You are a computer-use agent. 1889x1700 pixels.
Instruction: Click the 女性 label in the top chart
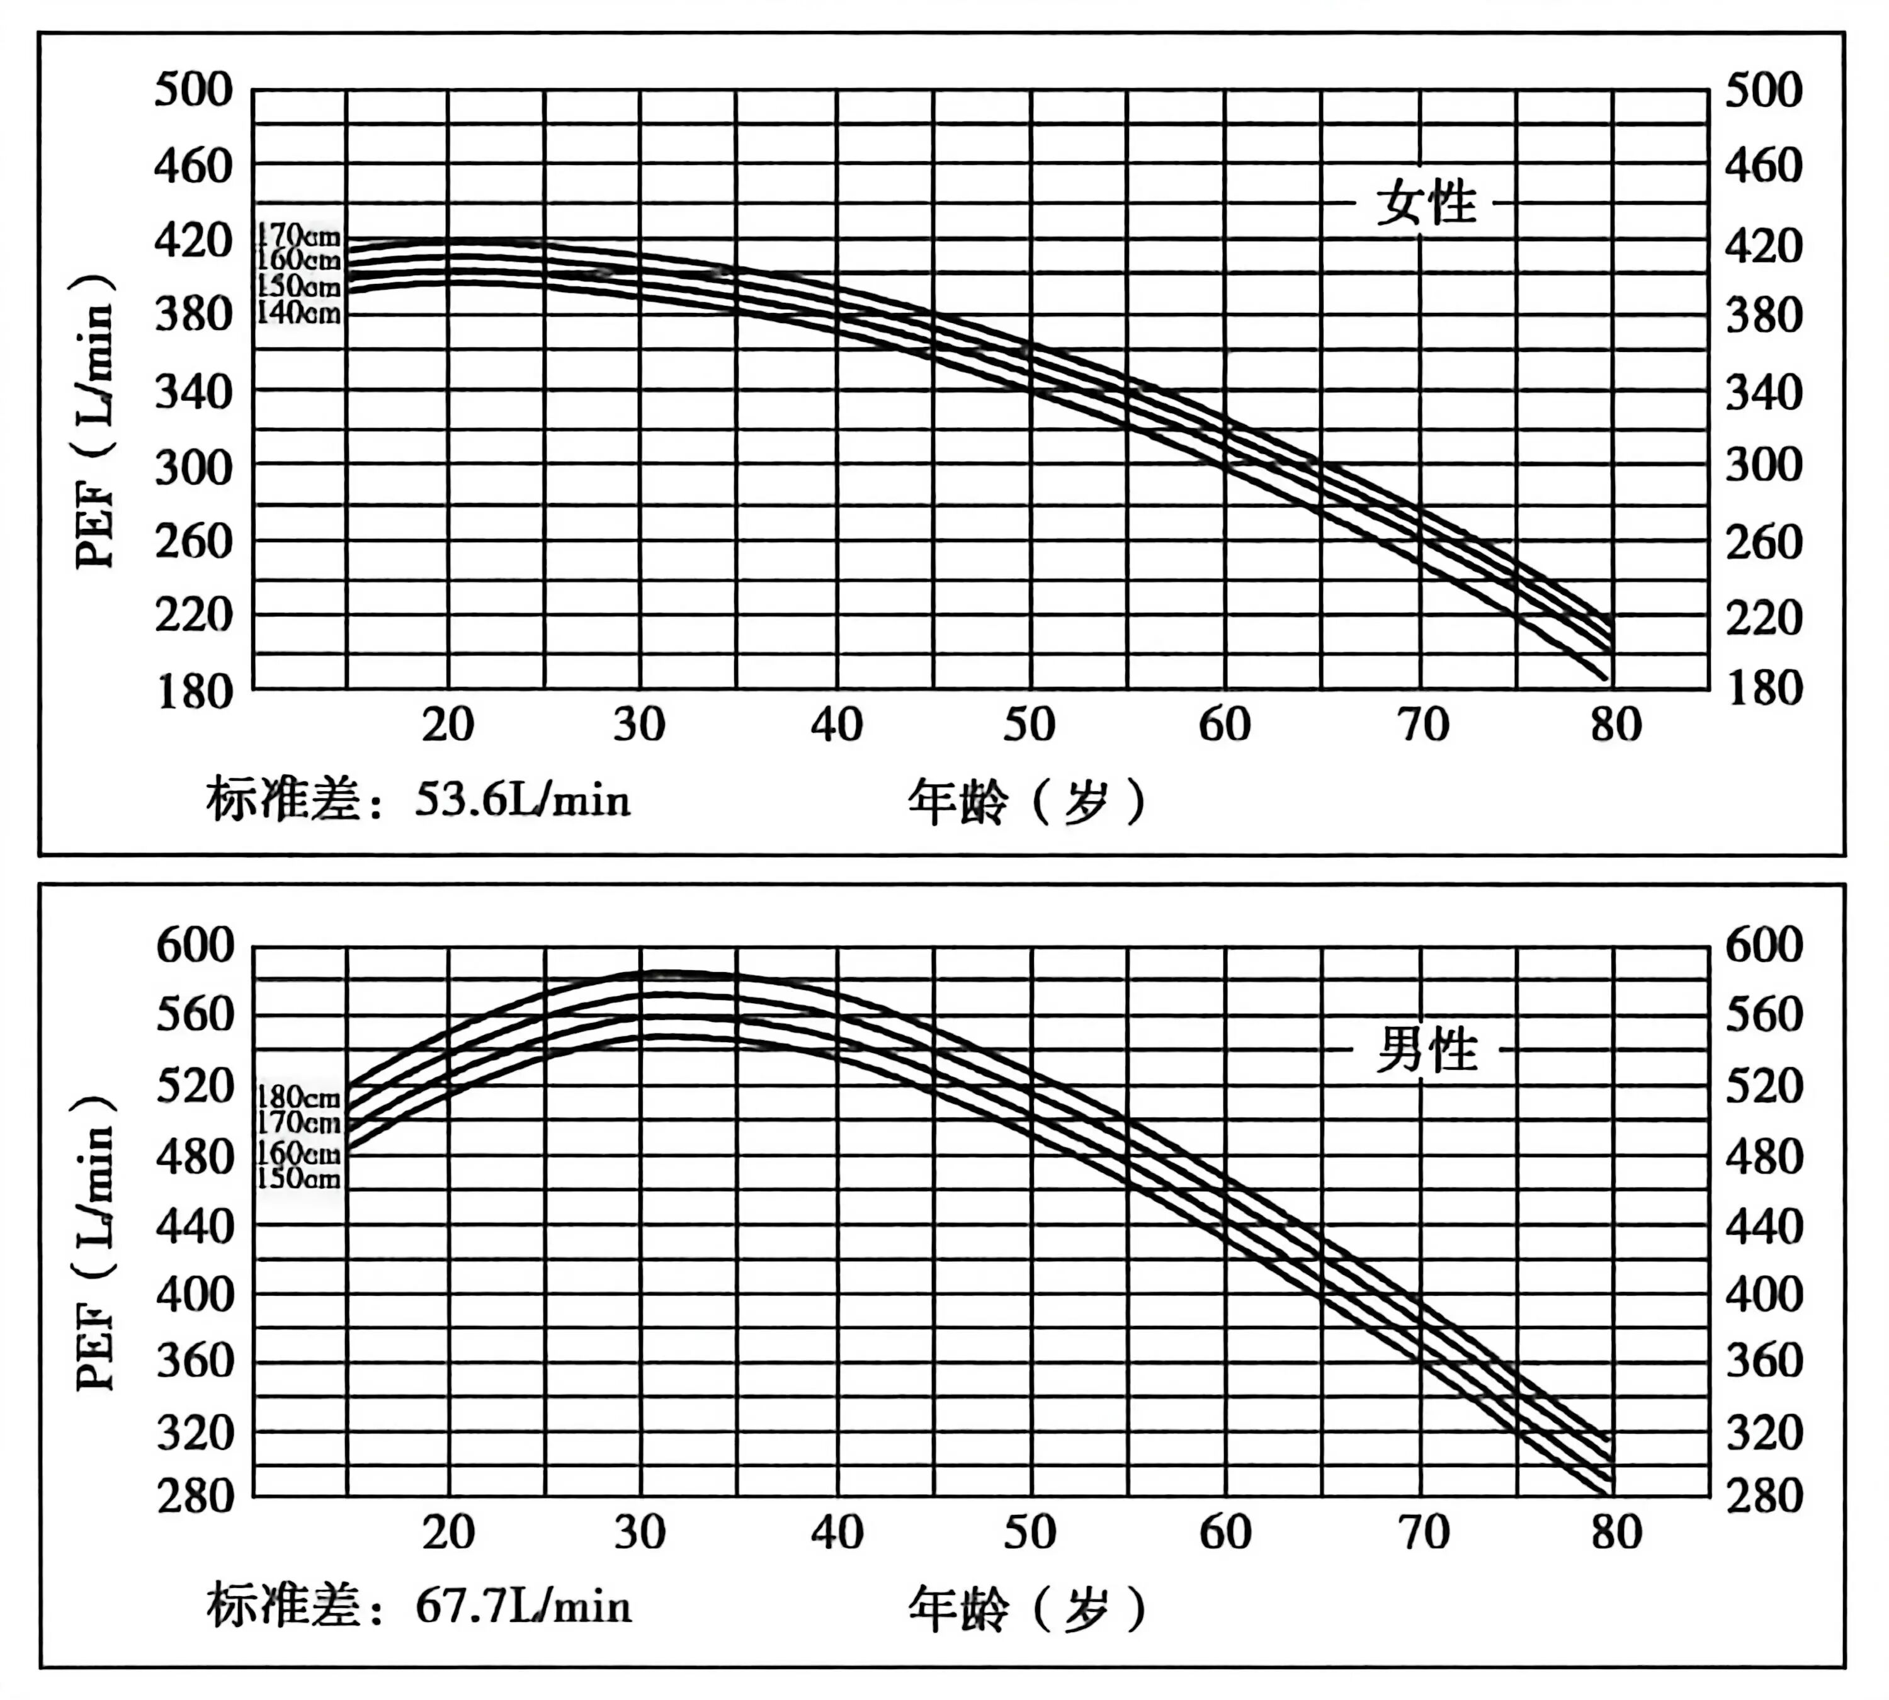(1427, 203)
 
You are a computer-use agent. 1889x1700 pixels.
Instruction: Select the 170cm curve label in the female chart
(299, 234)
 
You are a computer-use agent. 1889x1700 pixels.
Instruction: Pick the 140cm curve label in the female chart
(299, 312)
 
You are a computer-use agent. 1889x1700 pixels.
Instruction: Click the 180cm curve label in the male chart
(299, 1097)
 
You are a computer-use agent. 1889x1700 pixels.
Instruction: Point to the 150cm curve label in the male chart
(299, 1178)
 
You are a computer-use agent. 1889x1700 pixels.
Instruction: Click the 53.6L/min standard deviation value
(522, 800)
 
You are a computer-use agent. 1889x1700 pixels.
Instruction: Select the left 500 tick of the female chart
(193, 91)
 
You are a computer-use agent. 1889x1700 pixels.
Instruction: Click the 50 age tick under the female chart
(1030, 725)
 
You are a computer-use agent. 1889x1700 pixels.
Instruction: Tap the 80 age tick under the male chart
(1615, 1533)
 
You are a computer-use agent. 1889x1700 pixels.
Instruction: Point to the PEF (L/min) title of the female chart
(96, 421)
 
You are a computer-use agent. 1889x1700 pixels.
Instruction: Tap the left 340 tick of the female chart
(193, 392)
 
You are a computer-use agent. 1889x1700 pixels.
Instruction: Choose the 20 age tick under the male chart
(448, 1533)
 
